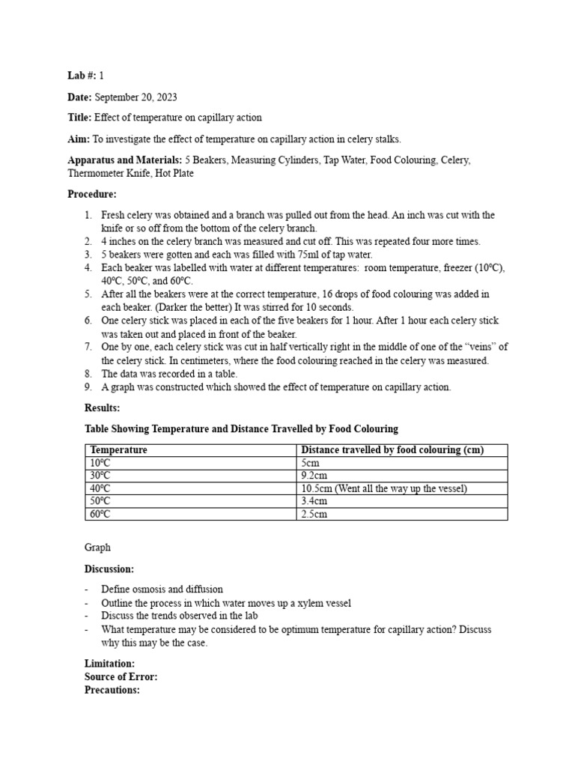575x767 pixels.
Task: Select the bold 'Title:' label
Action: pyautogui.click(x=78, y=118)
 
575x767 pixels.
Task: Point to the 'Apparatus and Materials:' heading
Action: pyautogui.click(x=124, y=160)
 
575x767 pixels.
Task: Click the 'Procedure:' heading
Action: pyautogui.click(x=92, y=193)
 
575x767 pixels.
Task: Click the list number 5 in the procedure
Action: pyautogui.click(x=88, y=294)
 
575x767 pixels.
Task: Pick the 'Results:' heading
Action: pyautogui.click(x=102, y=407)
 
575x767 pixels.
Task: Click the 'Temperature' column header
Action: pyautogui.click(x=118, y=450)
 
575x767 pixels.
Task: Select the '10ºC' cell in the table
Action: pyautogui.click(x=100, y=463)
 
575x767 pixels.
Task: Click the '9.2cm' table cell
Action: pyautogui.click(x=313, y=476)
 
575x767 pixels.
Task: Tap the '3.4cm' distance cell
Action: pyautogui.click(x=313, y=501)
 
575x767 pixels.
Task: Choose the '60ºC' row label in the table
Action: pyautogui.click(x=100, y=514)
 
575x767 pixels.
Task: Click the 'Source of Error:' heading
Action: pyautogui.click(x=121, y=677)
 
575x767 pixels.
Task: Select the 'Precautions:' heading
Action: pyautogui.click(x=112, y=690)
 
